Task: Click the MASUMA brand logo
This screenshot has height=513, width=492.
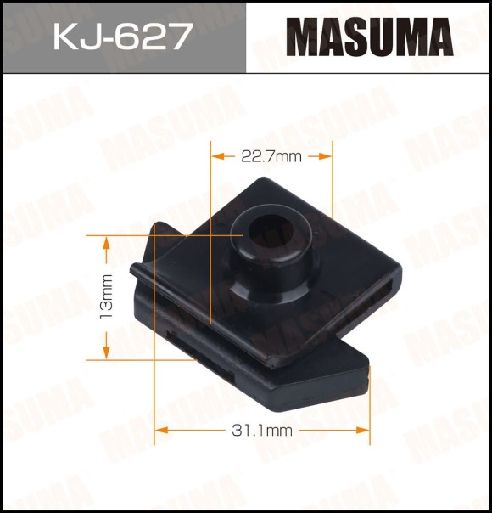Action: click(x=370, y=37)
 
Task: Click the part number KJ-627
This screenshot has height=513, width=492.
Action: click(x=122, y=37)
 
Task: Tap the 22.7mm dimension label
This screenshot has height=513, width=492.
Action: click(x=271, y=157)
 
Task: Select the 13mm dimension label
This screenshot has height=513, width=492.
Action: click(x=107, y=296)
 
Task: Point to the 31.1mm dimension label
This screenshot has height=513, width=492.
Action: click(x=262, y=431)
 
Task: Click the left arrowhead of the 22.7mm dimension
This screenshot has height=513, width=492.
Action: click(x=218, y=156)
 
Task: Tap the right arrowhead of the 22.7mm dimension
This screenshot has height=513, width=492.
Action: click(x=326, y=156)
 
